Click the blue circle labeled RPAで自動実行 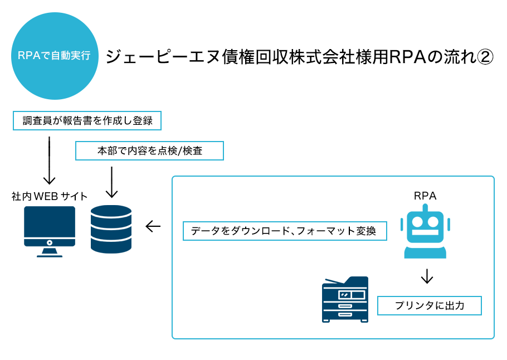tap(55, 56)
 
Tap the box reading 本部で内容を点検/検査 tap(149, 150)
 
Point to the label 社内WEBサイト tap(50, 196)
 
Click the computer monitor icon tap(50, 226)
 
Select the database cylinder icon tap(111, 230)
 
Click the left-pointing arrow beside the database tap(153, 226)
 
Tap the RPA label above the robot tap(425, 196)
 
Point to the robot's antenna tap(425, 207)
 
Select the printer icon tap(345, 299)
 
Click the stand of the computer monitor tap(50, 252)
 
